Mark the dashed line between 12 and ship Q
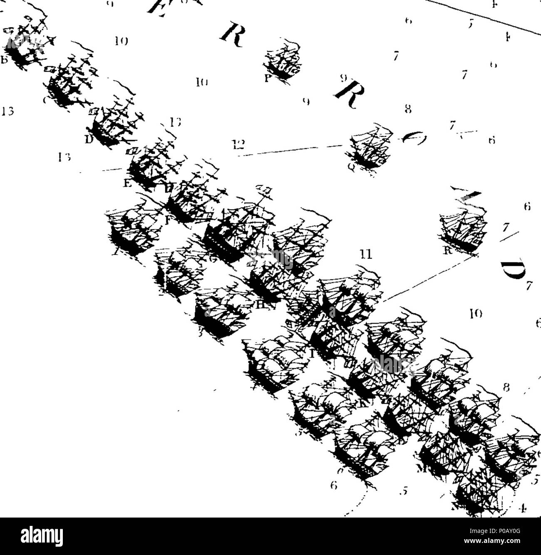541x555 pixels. coord(291,151)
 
